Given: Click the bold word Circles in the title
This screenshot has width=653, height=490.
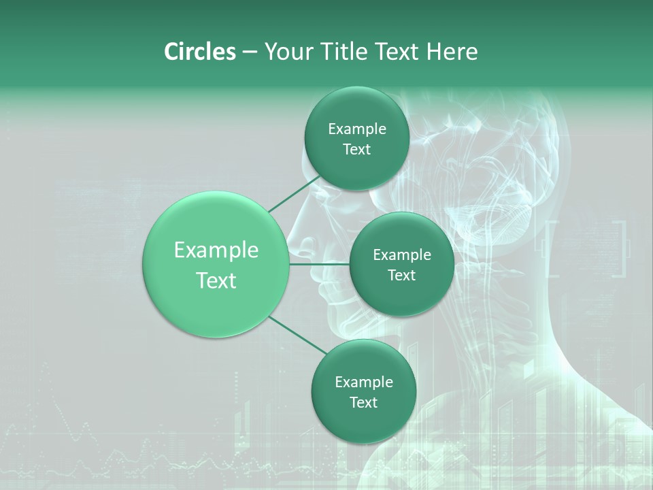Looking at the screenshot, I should click(200, 52).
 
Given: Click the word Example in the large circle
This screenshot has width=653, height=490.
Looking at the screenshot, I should click(216, 250).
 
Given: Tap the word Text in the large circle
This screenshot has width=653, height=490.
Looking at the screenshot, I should click(216, 280).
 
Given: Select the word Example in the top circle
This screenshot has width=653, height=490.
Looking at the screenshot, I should click(357, 129).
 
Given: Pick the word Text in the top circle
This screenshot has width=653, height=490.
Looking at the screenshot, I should click(357, 150).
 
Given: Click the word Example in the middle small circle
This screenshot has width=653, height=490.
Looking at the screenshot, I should click(402, 255).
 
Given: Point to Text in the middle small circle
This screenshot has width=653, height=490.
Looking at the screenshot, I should click(402, 276).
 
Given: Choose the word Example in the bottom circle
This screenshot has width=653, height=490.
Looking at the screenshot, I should click(364, 382).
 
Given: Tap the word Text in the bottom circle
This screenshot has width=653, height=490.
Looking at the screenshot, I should click(364, 403).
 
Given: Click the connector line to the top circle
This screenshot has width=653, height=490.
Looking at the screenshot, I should click(294, 194).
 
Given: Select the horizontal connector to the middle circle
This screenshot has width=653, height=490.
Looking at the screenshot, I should click(320, 264).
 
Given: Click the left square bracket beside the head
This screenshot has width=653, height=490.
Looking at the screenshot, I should click(552, 249).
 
